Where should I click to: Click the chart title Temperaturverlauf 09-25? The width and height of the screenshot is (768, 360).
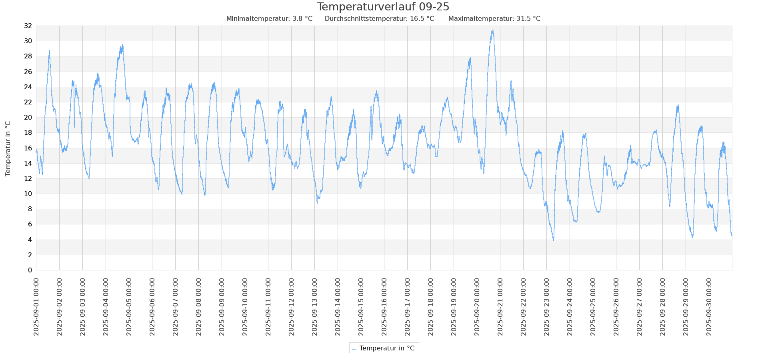pos(383,7)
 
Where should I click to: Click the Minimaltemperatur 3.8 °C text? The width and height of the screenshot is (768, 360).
pos(269,19)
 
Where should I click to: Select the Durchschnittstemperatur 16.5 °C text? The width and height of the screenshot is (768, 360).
pos(379,19)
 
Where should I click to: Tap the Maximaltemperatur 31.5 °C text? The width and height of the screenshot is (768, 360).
pos(494,19)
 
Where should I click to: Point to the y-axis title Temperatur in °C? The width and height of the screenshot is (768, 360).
pos(8,148)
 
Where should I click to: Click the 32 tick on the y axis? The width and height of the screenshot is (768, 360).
pos(28,26)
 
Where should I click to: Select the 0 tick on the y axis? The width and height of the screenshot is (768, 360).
pos(30,270)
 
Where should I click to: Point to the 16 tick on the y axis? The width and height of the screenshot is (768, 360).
pos(28,148)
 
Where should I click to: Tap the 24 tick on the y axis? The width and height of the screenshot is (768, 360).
pos(28,87)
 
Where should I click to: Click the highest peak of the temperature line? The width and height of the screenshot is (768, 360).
pos(493,30)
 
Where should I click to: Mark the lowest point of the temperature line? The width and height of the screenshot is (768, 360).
pos(554,240)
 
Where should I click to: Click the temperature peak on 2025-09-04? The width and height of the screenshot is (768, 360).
pos(122,45)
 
